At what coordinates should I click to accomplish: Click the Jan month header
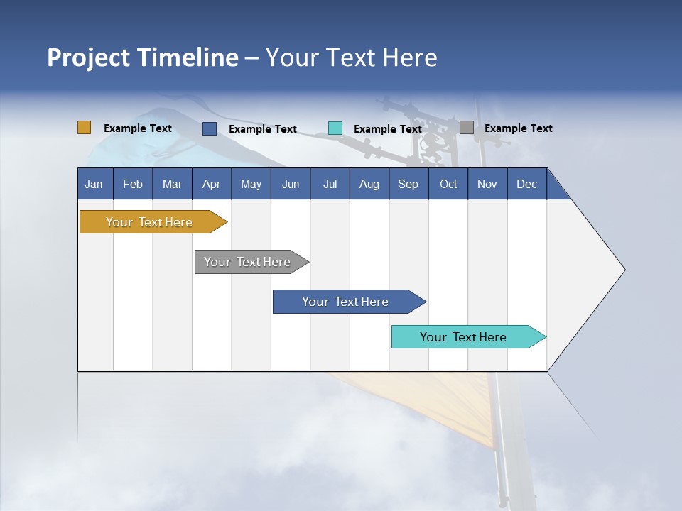[94, 184]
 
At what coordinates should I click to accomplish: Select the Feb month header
[133, 184]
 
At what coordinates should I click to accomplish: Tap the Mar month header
[172, 184]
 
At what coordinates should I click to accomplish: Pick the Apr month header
[212, 184]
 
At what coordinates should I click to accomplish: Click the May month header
[251, 184]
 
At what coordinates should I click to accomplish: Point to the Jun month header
[291, 184]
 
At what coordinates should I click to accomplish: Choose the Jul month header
[330, 184]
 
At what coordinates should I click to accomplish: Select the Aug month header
[369, 184]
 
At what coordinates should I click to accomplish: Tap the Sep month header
[408, 184]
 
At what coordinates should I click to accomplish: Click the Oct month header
[448, 184]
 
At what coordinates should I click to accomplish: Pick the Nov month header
[487, 184]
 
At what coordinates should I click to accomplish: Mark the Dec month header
[527, 184]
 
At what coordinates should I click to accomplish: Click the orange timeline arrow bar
[149, 222]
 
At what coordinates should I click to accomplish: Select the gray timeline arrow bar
[247, 262]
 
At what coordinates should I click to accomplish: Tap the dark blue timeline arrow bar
[345, 302]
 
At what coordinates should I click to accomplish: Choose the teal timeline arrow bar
[463, 337]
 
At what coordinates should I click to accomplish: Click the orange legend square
[85, 128]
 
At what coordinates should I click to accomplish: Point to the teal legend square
[335, 128]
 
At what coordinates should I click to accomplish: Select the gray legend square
[467, 128]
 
